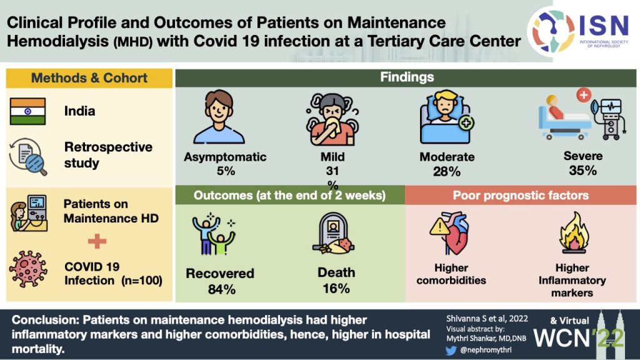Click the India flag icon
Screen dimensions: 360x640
tap(27, 111)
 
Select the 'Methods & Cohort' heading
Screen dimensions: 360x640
tap(89, 78)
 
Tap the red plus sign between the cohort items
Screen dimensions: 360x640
tap(97, 241)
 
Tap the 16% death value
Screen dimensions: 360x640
tap(337, 289)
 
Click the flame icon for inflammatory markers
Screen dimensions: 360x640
tap(571, 237)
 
